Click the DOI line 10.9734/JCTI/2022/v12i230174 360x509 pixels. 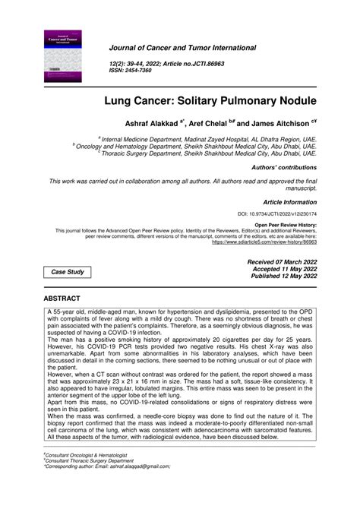pyautogui.click(x=281, y=215)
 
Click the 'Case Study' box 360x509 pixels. pyautogui.click(x=68, y=272)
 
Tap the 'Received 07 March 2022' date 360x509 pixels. pyautogui.click(x=278, y=261)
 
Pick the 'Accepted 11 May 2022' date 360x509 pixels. pyautogui.click(x=279, y=269)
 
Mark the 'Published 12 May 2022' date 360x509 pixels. pyautogui.click(x=279, y=277)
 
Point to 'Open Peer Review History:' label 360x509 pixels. pyautogui.click(x=286, y=225)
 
